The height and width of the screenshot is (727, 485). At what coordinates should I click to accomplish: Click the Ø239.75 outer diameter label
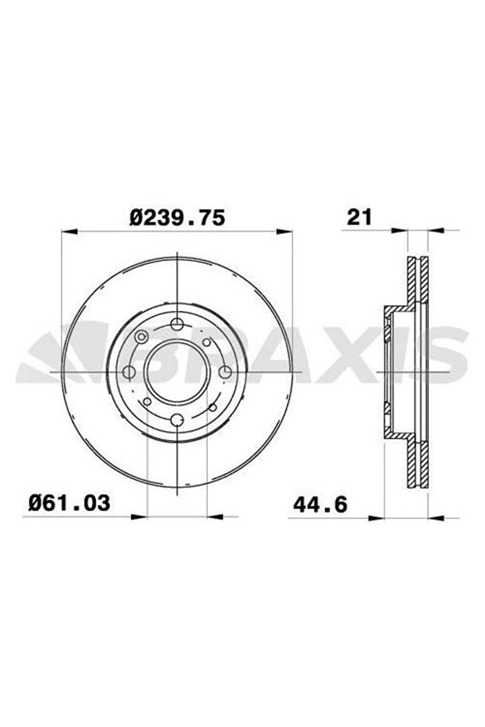tap(178, 218)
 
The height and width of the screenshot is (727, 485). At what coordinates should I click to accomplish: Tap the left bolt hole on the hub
tap(129, 372)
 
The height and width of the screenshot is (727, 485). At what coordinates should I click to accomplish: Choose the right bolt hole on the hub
tap(225, 372)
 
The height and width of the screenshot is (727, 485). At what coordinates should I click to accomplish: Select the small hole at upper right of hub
tap(207, 342)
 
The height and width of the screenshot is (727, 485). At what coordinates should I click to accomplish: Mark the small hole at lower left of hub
tap(147, 402)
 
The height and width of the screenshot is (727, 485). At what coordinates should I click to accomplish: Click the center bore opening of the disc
tap(177, 372)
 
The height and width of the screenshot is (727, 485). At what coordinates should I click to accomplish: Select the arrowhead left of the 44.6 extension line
tap(376, 518)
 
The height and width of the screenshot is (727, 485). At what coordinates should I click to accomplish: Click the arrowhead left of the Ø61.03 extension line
tap(139, 517)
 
